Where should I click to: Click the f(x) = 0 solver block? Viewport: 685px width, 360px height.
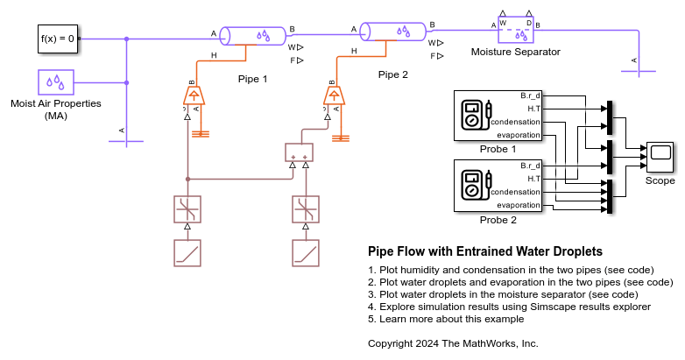click(59, 39)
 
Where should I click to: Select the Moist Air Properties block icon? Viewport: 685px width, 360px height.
click(56, 82)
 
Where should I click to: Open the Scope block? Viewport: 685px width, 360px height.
click(660, 156)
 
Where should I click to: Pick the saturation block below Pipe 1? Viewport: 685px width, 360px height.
click(187, 209)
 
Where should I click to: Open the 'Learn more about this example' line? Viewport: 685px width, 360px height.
click(446, 319)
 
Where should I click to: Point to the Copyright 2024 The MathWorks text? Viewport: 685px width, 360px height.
click(453, 343)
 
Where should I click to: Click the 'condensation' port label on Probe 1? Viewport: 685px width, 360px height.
click(516, 122)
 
